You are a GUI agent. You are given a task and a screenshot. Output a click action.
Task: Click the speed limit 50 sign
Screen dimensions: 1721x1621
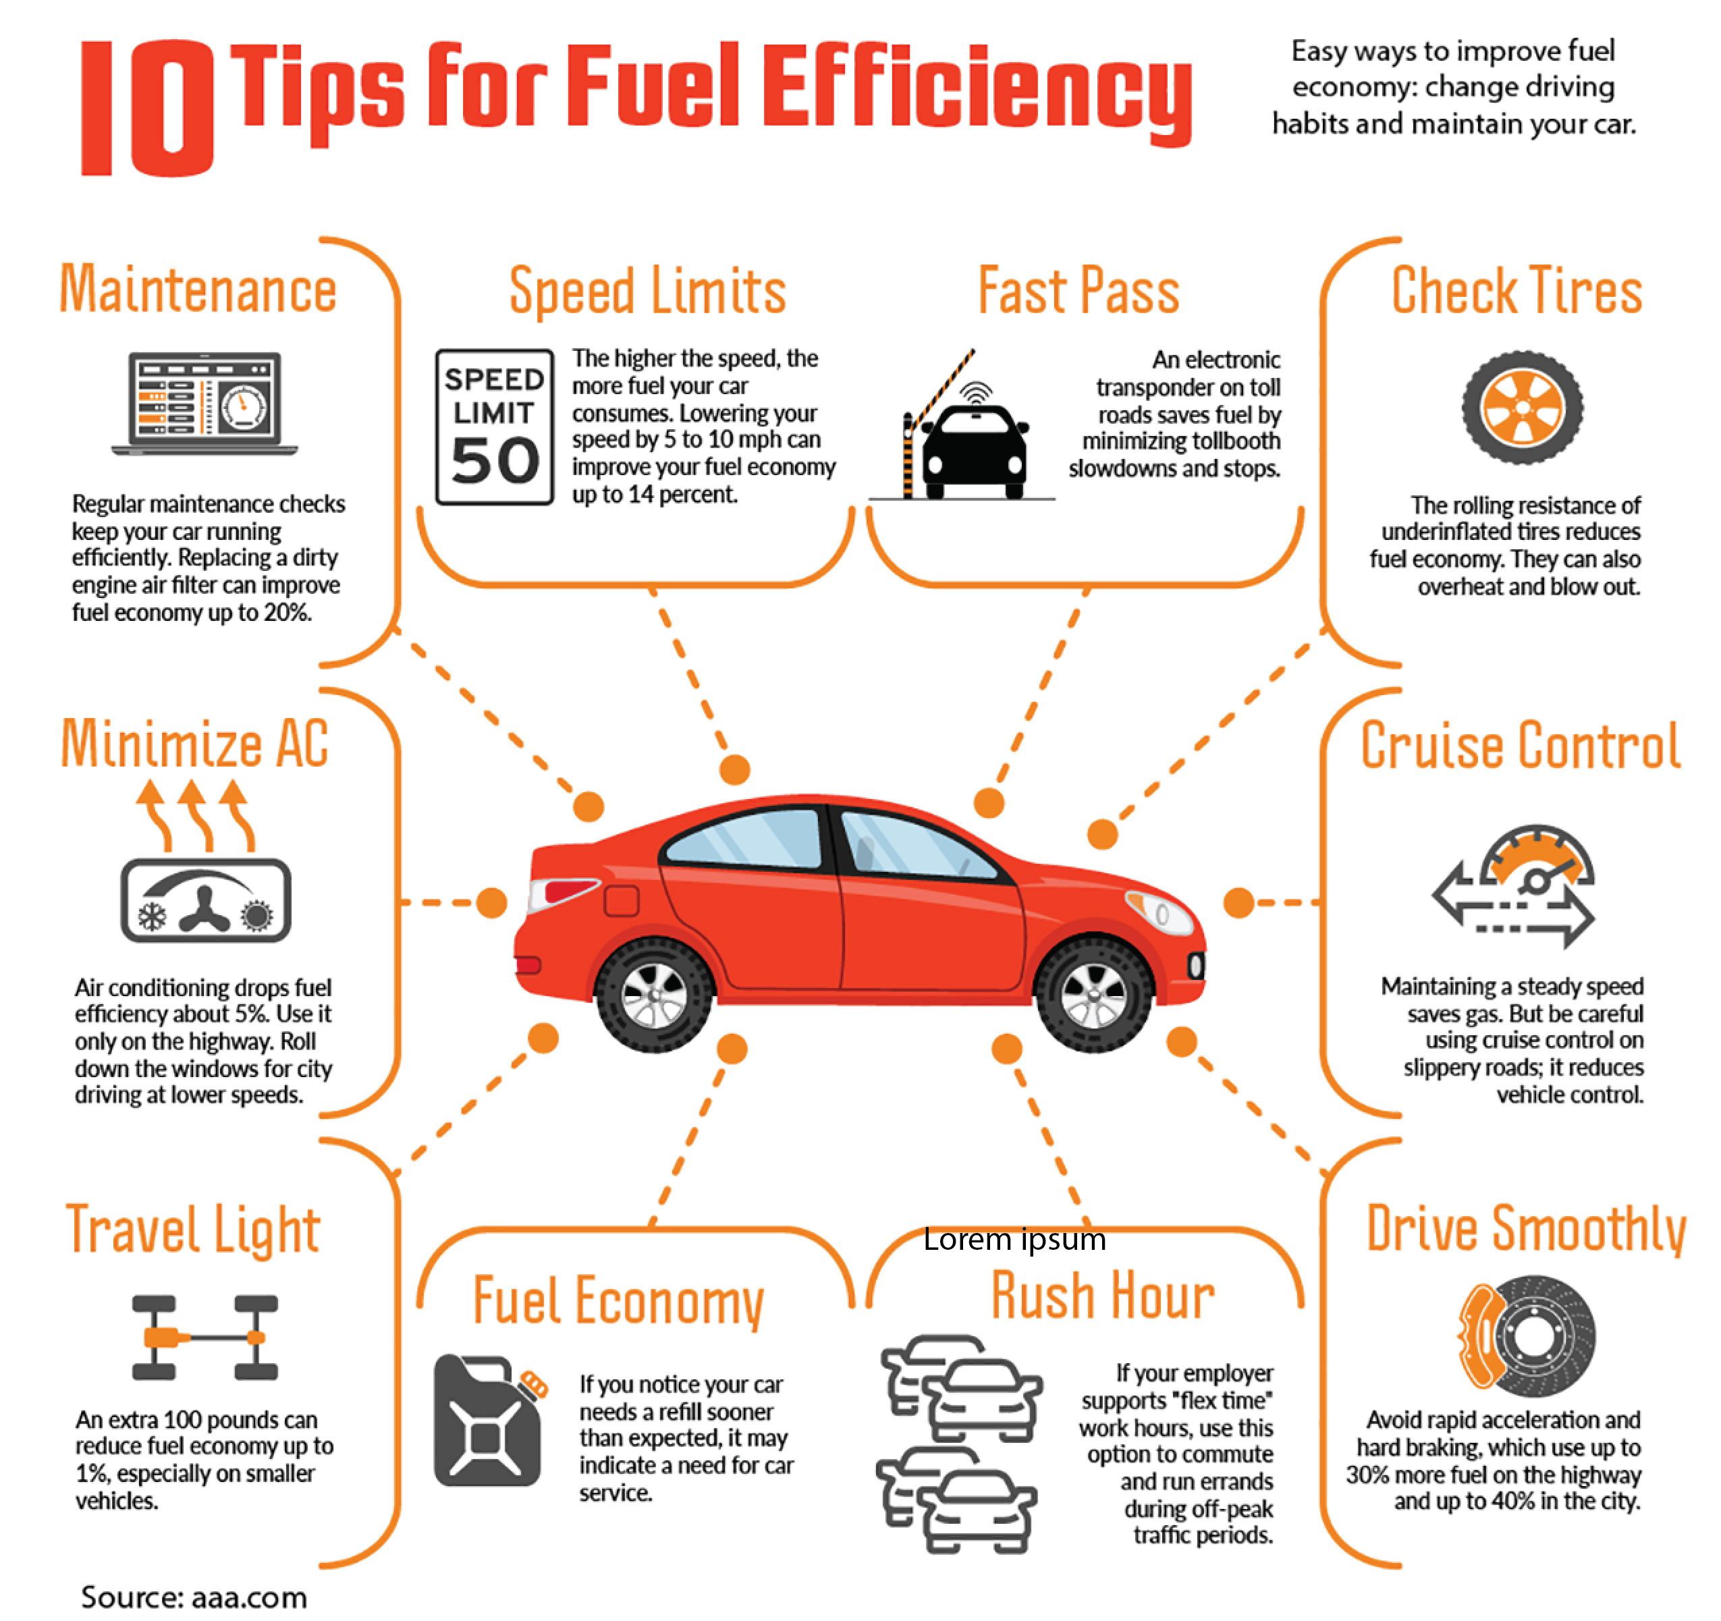tap(494, 427)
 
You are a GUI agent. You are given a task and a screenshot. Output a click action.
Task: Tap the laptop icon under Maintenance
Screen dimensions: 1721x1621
tap(204, 404)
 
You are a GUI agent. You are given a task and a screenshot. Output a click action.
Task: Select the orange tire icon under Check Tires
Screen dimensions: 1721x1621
tap(1523, 408)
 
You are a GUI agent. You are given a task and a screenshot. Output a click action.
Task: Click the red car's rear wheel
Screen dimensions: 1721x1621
tap(655, 995)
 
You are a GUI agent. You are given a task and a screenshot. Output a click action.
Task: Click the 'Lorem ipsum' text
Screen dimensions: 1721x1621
tap(1014, 1239)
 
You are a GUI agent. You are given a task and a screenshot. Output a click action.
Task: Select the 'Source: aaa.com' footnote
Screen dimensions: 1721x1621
tap(194, 1597)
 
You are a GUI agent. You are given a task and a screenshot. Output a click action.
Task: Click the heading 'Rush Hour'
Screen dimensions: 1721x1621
tap(1103, 1296)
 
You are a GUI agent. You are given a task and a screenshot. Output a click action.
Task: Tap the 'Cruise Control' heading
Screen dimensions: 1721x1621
tap(1520, 745)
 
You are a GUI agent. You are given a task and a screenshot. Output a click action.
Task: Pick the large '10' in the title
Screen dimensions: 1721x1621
tap(147, 108)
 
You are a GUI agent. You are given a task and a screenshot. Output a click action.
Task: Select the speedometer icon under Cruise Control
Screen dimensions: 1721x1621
tap(1514, 886)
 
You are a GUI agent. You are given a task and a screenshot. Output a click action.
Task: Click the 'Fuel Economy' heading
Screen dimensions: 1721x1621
tap(618, 1300)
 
